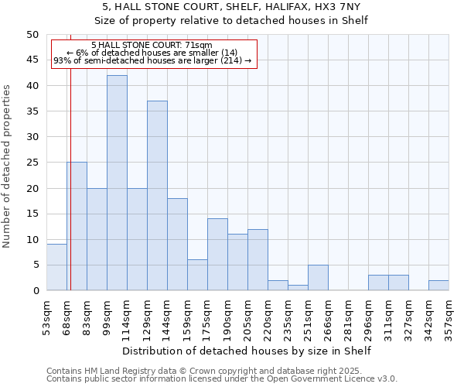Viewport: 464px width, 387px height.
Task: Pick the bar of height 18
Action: point(177,245)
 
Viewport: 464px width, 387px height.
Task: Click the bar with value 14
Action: point(217,255)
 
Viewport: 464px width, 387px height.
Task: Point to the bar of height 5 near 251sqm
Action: point(318,278)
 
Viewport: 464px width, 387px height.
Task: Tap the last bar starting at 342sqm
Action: point(438,286)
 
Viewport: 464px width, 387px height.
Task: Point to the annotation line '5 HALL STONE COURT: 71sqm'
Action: point(152,46)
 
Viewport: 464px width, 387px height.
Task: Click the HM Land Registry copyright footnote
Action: point(221,371)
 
